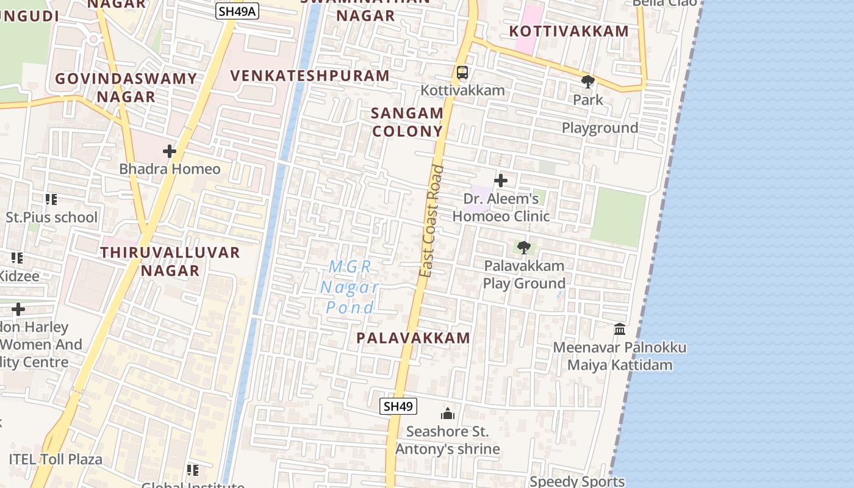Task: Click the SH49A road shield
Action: point(237,10)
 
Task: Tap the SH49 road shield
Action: point(398,406)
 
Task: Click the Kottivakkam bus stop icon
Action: point(462,73)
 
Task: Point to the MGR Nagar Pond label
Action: point(350,287)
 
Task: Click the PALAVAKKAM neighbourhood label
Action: point(413,338)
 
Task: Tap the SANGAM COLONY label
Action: point(407,122)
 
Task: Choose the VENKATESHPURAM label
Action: point(310,76)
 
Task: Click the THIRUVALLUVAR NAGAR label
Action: point(170,261)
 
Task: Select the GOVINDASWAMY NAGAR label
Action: point(126,87)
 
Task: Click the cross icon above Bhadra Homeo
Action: point(170,151)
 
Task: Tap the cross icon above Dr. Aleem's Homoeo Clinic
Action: point(501,181)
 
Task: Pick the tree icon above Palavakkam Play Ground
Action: point(523,248)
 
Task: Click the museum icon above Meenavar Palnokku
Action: point(620,329)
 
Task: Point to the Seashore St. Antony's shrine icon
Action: point(448,414)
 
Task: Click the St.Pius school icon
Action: point(51,199)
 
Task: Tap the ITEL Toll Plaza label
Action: point(56,459)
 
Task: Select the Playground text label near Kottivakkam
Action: point(600,128)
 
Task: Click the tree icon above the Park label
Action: point(588,81)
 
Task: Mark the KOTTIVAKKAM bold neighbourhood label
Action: point(569,31)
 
